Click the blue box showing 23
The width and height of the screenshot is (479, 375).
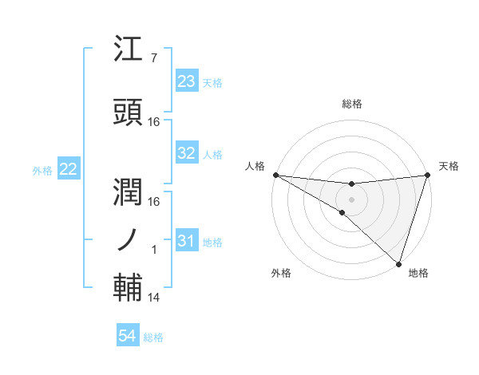click(x=187, y=81)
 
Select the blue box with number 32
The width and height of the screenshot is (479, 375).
click(x=187, y=153)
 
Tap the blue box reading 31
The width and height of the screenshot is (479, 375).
click(x=187, y=240)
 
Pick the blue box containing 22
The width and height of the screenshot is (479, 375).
click(x=69, y=169)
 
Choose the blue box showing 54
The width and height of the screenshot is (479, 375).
click(x=128, y=336)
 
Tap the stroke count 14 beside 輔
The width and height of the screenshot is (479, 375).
click(x=154, y=298)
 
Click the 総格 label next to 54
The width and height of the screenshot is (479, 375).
click(x=153, y=337)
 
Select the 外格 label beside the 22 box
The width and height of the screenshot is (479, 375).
click(x=42, y=170)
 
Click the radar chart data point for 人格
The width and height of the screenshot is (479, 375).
click(x=275, y=175)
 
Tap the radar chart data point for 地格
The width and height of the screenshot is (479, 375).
click(x=398, y=263)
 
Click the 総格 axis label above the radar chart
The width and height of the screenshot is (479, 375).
click(x=352, y=104)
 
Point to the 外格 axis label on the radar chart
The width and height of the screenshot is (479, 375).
click(x=280, y=273)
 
